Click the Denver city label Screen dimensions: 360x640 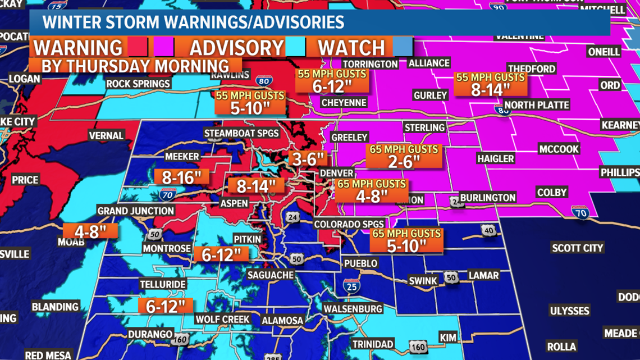337,173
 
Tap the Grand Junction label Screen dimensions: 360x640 135,211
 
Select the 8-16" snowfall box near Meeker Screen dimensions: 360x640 181,177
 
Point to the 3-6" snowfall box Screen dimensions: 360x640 308,158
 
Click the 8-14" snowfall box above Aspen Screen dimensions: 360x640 256,186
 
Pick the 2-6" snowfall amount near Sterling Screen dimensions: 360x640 404,161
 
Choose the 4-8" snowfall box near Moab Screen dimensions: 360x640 90,231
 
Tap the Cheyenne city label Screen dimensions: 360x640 344,103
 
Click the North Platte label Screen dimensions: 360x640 536,105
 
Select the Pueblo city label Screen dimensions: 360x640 360,263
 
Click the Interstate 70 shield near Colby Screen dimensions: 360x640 580,212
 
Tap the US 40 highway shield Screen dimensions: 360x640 488,230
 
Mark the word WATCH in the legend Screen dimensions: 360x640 351,48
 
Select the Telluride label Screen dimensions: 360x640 163,284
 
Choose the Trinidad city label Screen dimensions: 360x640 373,344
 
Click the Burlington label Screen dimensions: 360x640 487,198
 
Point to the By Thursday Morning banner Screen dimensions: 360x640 135,65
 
